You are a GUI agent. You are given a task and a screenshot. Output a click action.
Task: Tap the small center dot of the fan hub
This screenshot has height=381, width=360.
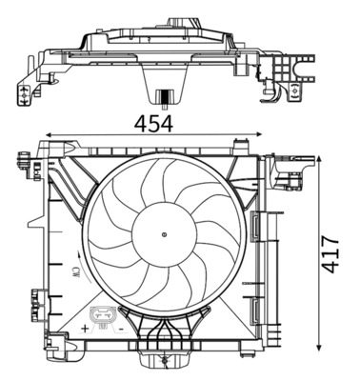point(165,232)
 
